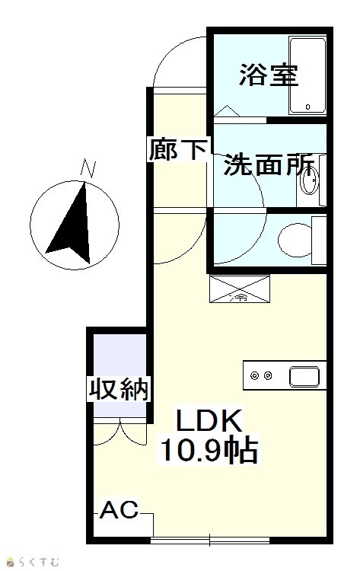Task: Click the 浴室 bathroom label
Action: [269, 75]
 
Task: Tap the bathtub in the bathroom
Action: [307, 75]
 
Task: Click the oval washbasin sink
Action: [310, 180]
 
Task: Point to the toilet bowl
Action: [295, 240]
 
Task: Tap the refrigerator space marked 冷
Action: [240, 289]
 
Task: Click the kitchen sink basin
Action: [304, 377]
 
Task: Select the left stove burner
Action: [254, 375]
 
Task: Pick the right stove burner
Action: [268, 375]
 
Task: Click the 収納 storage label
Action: [119, 389]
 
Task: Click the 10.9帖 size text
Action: [209, 451]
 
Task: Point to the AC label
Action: [119, 509]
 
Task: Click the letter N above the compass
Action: [88, 168]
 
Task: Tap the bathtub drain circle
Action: [308, 107]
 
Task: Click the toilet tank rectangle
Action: [319, 241]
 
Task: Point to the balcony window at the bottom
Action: [210, 540]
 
